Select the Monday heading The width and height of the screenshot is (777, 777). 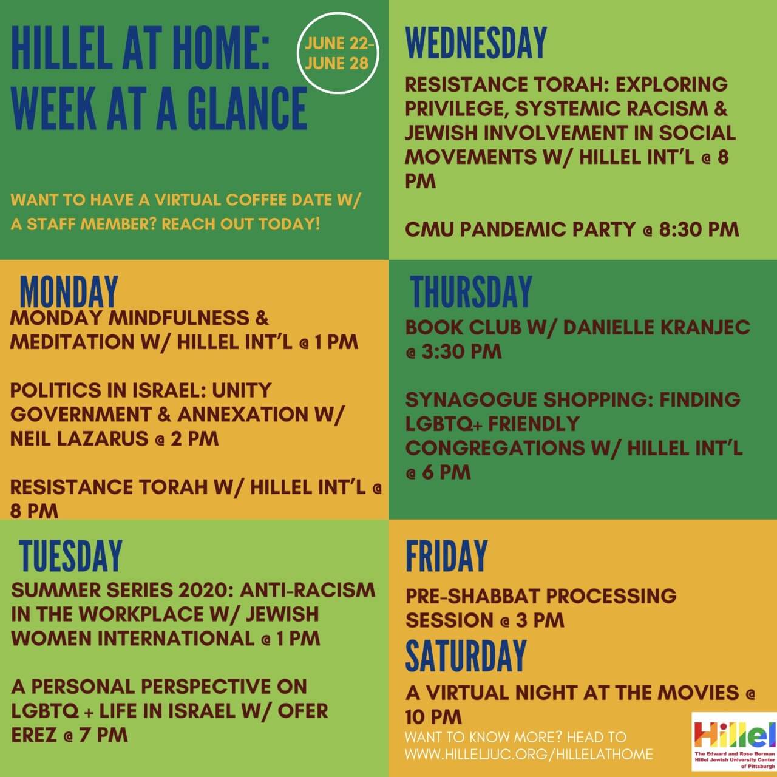click(x=69, y=292)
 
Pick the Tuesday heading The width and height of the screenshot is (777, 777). click(x=71, y=556)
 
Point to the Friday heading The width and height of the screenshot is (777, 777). click(x=447, y=556)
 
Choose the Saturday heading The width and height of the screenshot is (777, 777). click(x=466, y=656)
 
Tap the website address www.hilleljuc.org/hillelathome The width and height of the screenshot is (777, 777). click(x=529, y=755)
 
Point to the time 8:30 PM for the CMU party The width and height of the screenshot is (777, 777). click(x=699, y=230)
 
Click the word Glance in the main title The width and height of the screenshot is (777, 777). click(x=248, y=109)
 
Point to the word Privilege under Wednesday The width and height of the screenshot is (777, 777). click(x=455, y=109)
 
